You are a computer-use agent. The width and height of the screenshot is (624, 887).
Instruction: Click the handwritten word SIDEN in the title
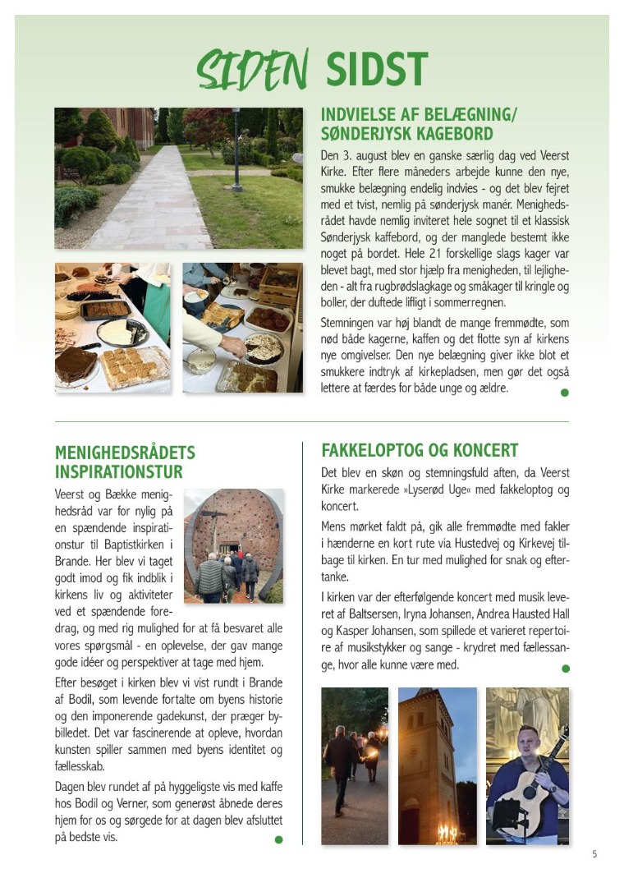[252, 69]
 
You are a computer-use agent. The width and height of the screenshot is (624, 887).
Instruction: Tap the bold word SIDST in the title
[377, 69]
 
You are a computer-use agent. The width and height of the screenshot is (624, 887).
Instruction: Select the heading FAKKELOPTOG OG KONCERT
[420, 450]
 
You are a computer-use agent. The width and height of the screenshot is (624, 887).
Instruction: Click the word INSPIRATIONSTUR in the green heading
[118, 472]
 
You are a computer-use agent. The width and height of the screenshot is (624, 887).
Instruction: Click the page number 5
[594, 854]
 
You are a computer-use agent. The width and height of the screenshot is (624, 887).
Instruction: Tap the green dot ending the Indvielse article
[564, 393]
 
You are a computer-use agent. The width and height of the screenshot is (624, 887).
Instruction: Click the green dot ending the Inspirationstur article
[278, 839]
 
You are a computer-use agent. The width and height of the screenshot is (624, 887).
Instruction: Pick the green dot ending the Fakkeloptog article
[564, 669]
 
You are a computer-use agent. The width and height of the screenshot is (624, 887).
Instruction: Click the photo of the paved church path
[178, 178]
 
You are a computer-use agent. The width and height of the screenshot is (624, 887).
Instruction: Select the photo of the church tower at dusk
[437, 765]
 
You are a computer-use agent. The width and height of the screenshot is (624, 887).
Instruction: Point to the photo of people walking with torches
[354, 765]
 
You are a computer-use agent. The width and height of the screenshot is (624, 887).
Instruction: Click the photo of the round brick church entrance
[233, 546]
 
